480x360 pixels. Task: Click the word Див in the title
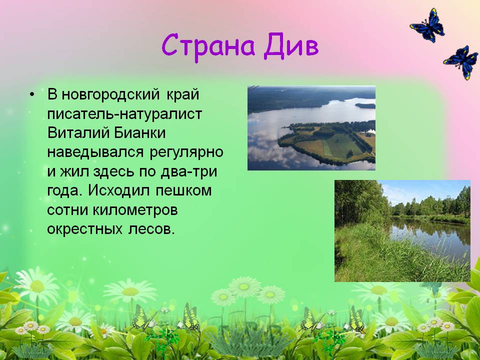pos(291,45)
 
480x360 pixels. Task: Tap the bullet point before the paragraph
pos(32,94)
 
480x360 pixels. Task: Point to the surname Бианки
pos(140,133)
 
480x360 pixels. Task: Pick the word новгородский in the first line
pos(110,95)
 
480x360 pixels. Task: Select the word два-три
pos(189,171)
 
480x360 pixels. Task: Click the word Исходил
pos(119,190)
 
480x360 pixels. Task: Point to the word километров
pos(135,210)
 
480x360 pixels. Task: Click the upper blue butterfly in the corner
pos(427,25)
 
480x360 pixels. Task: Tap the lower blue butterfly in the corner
pos(461,62)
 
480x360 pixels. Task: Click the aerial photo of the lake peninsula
pos(311,128)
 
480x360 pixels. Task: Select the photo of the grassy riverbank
pos(402,231)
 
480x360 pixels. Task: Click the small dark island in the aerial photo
pos(365,105)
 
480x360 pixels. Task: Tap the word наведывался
pos(95,152)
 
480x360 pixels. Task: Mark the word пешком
pos(183,191)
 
